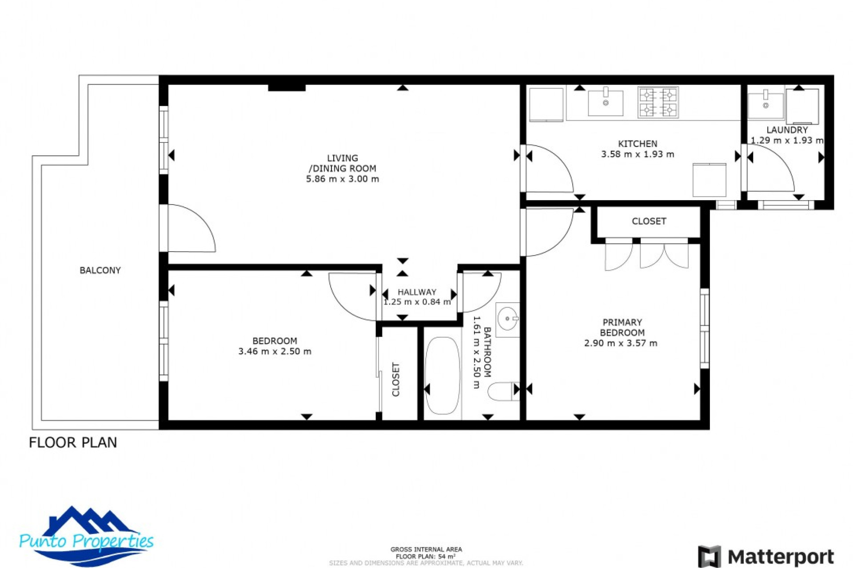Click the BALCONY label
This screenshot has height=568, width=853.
100,270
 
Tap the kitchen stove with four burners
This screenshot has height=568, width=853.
658,102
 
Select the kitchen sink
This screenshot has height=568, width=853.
605,103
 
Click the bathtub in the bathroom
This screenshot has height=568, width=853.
442,375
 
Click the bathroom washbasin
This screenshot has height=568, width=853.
507,319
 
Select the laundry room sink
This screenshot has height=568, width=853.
765,105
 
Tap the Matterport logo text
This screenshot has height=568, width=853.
781,556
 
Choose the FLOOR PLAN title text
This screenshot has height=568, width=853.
73,442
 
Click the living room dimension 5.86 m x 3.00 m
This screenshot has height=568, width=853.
342,179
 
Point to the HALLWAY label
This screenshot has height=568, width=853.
417,292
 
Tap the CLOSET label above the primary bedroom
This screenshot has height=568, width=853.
649,221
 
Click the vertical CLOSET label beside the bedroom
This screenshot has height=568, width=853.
396,379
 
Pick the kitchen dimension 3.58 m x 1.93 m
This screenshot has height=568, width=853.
638,154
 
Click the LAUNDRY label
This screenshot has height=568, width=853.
787,130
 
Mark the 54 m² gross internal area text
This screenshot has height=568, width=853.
426,556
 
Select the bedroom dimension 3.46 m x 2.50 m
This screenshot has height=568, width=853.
275,351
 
